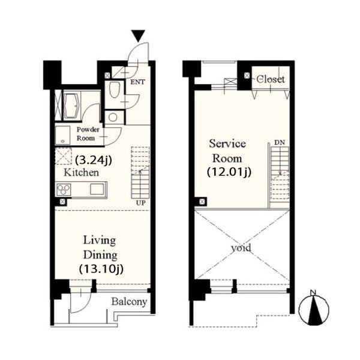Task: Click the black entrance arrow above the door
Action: coord(138,35)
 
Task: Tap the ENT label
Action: coord(138,82)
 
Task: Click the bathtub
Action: coord(71,106)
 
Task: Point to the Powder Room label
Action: coord(88,134)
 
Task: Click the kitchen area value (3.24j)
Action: coord(94,160)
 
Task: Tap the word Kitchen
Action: coord(81,172)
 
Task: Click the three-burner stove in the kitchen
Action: coord(64,190)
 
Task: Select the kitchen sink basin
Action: coord(97,189)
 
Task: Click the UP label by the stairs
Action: coord(141,203)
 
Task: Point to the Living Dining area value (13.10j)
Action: coord(101,269)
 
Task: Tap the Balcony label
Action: coord(129,302)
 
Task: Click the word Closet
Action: coord(271,79)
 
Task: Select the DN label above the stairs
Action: coord(280,142)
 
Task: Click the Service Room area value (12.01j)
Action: coord(229,172)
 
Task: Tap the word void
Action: coord(241,248)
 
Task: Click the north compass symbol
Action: coord(314,308)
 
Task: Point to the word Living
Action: coord(100,241)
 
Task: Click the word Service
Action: coord(227,144)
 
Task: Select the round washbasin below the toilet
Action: coord(113,118)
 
